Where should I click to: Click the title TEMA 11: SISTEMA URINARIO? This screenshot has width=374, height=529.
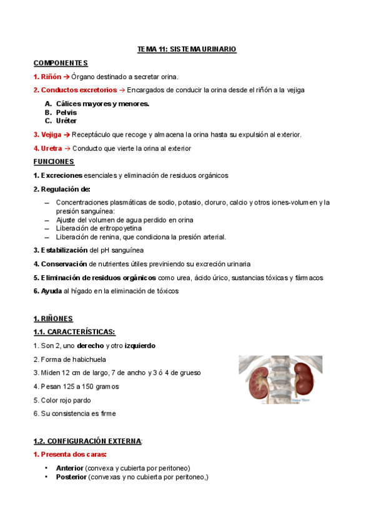click(x=187, y=49)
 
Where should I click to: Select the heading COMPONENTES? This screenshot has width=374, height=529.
click(x=61, y=63)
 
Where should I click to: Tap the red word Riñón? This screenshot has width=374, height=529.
click(x=51, y=77)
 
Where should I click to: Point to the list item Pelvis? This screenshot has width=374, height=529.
click(x=66, y=112)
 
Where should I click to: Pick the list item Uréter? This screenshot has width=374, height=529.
click(x=66, y=121)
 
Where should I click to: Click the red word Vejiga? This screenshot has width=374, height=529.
click(x=51, y=135)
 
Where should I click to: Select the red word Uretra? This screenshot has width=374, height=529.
click(x=51, y=148)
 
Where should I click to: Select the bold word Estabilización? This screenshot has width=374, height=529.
click(x=68, y=250)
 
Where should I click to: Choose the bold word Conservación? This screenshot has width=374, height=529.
click(x=66, y=264)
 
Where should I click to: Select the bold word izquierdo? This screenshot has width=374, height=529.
click(x=140, y=346)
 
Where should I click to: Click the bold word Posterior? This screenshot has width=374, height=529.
click(x=71, y=477)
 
